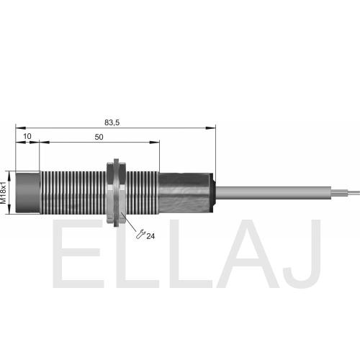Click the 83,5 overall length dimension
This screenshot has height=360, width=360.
click(112, 122)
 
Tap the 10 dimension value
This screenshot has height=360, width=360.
click(27, 136)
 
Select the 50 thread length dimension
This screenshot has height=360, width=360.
click(99, 137)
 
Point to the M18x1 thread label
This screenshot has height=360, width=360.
click(3, 193)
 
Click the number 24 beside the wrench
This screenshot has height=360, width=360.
click(150, 236)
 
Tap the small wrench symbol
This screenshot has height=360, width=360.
click(140, 234)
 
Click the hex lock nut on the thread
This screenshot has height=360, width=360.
click(117, 192)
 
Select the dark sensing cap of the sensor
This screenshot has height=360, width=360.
click(28, 192)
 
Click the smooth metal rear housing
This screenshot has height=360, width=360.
click(184, 193)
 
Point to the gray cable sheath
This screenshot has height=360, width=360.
click(274, 193)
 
